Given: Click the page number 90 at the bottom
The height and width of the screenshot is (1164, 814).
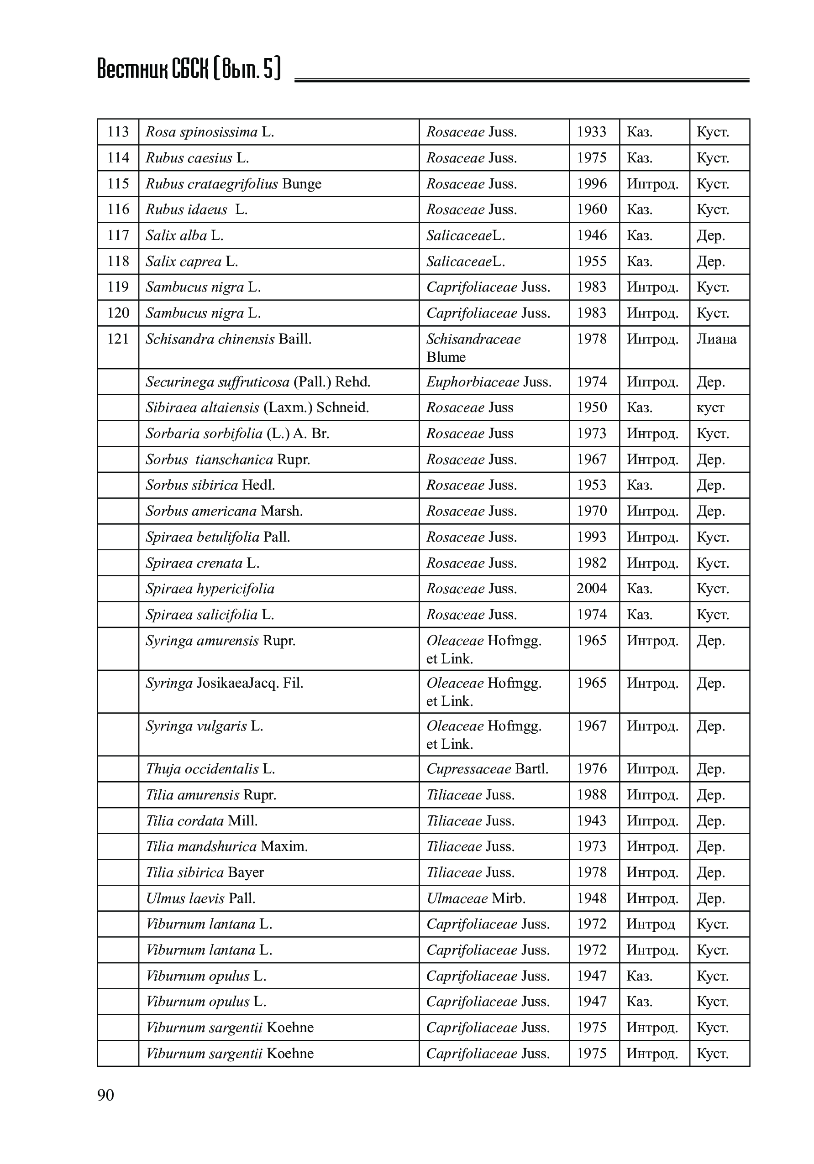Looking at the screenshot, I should pos(105,1095).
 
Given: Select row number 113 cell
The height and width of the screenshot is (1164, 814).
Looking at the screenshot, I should pos(118,132).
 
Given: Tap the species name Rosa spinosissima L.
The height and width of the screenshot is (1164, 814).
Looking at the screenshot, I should pos(210,132).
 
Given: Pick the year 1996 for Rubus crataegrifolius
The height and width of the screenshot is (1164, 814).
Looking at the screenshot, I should pos(591,183).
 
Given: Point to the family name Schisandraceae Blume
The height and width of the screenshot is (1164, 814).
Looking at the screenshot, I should pos(473,348).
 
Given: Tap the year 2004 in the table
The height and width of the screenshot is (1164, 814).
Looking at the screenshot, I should pos(591,588).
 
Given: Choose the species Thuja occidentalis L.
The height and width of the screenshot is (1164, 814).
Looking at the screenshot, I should pos(210,768).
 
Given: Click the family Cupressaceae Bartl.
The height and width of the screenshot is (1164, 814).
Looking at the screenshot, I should pos(487,768).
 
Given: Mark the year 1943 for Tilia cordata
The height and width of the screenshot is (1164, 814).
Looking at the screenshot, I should pos(591,820).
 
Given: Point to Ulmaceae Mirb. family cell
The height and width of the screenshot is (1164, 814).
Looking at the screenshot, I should pos(476,898).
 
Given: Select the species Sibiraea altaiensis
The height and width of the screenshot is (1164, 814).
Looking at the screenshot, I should pos(257,407).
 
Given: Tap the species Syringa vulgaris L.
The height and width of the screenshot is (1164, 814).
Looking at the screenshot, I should pos(205,726).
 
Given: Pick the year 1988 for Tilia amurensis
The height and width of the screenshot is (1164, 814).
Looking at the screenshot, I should pos(591,794).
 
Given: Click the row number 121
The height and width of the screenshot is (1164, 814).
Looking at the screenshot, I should pos(118,339).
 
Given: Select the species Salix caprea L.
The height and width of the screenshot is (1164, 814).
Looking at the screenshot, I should pos(192,261).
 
